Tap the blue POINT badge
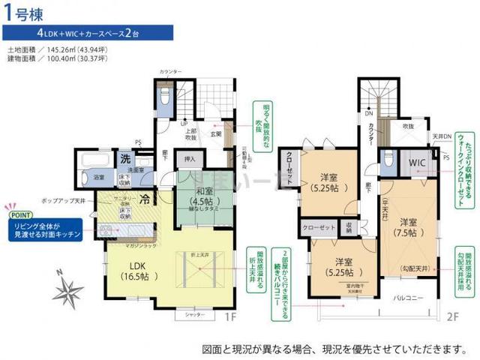[19, 213]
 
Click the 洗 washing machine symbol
[126, 158]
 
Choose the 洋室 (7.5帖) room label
[409, 228]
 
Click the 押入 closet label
[189, 159]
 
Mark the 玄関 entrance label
[215, 134]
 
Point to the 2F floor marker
[451, 316]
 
